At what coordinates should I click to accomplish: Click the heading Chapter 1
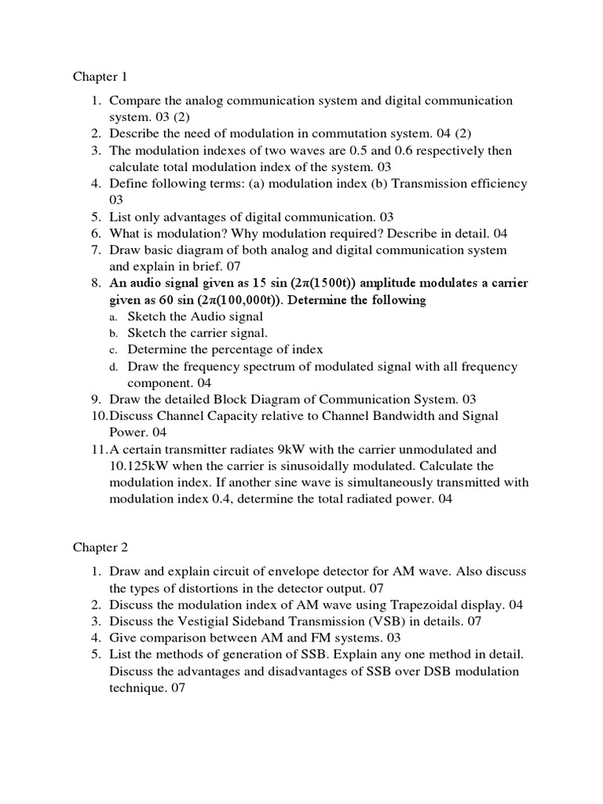(100, 77)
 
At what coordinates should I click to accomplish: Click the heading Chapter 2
(100, 546)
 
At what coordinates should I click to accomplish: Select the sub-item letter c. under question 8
(113, 350)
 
